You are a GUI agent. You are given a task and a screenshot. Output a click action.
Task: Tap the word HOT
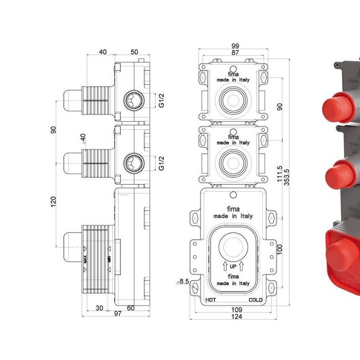click(x=210, y=299)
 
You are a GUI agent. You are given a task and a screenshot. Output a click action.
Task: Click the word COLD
click(x=256, y=299)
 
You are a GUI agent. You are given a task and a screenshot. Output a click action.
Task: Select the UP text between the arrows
click(x=233, y=266)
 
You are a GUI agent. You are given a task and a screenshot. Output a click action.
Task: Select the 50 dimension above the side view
click(x=134, y=52)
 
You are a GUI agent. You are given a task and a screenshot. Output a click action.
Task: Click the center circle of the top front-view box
click(x=233, y=97)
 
